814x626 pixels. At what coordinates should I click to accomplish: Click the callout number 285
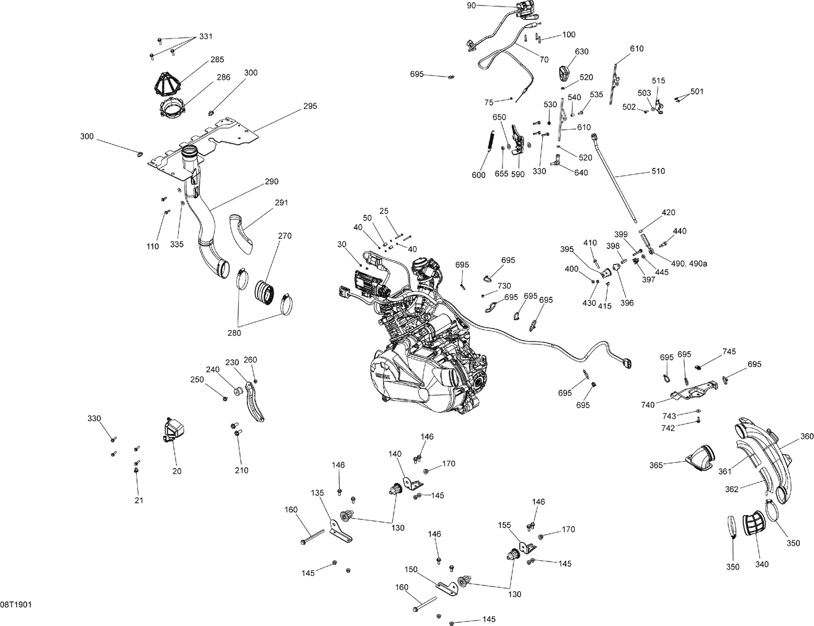point(217,59)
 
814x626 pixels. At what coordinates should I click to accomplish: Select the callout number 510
point(658,171)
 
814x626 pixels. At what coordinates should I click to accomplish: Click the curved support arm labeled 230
point(255,402)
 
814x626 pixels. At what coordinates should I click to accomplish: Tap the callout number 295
point(310,106)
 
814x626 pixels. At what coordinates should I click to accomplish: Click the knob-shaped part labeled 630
point(564,72)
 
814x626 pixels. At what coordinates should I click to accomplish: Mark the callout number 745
point(729,352)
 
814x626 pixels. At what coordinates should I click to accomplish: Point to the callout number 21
point(139,500)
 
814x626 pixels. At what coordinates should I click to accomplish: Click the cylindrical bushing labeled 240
point(238,392)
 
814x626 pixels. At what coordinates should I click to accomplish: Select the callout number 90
point(471,5)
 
